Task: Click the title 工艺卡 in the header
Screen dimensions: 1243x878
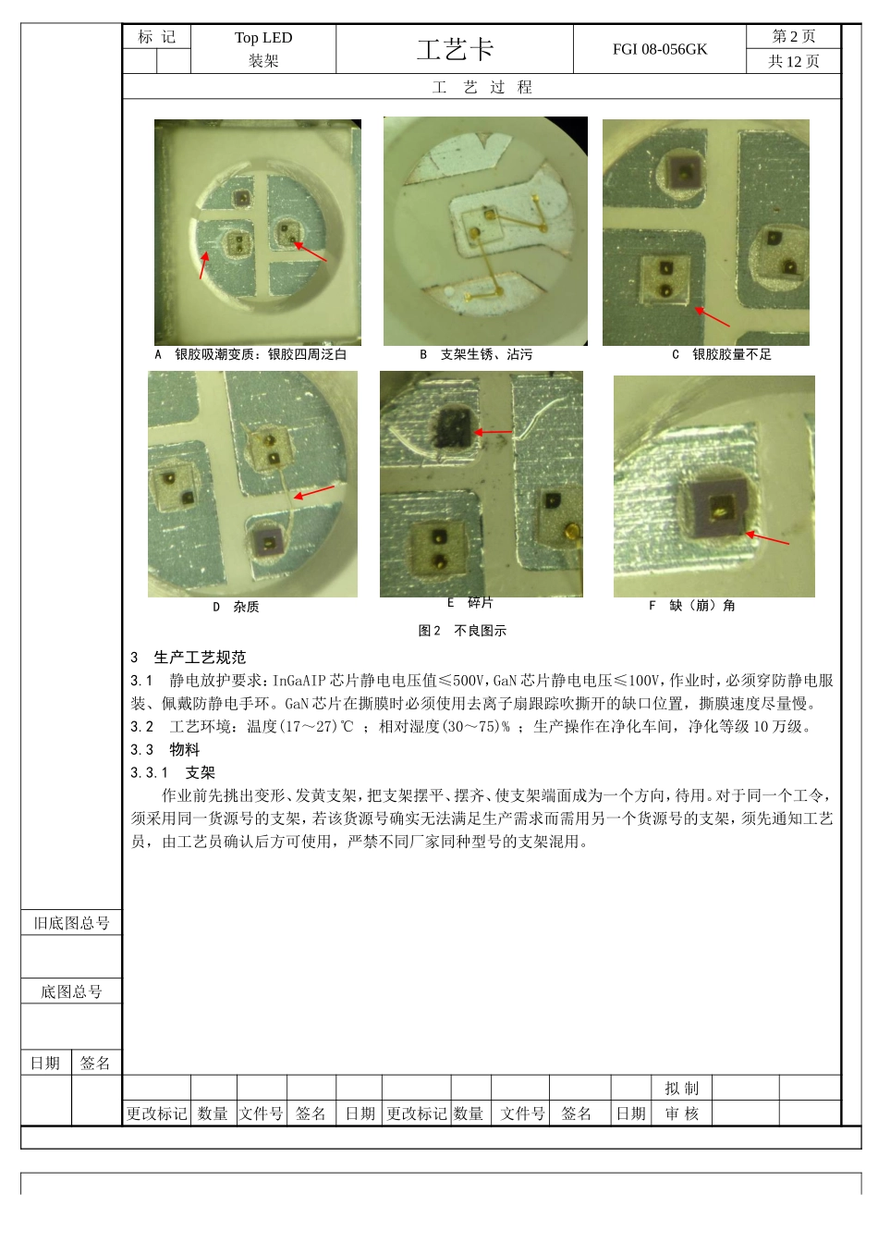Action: tap(455, 49)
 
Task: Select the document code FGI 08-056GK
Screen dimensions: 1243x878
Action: tap(659, 49)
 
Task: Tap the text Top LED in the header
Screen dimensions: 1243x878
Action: tap(262, 38)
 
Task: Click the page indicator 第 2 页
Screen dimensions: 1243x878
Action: tap(793, 36)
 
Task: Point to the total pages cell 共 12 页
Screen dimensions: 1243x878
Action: tap(793, 61)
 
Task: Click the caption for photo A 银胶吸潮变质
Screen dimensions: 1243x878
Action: tap(250, 354)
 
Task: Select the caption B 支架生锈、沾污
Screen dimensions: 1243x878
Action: tap(476, 354)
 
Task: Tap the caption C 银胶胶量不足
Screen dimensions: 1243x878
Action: tap(721, 354)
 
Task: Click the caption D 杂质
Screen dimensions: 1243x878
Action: tap(237, 607)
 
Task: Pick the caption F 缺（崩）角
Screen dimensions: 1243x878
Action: tap(692, 606)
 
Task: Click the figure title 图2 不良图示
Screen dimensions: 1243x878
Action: tap(462, 631)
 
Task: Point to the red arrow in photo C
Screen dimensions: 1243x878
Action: tap(712, 317)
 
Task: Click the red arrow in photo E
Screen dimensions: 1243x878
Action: tap(494, 432)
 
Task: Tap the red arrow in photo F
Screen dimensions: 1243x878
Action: tap(767, 538)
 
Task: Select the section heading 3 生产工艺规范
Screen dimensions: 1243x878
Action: tap(189, 658)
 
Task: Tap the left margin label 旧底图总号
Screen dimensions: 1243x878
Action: tap(71, 923)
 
